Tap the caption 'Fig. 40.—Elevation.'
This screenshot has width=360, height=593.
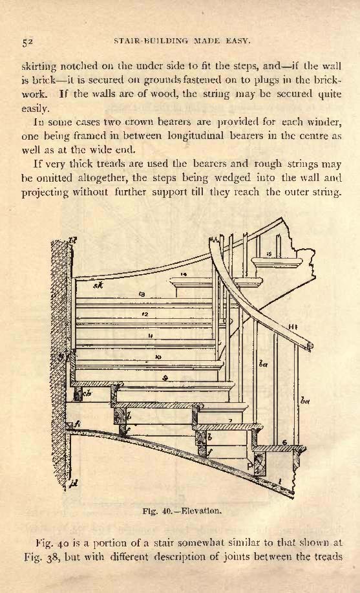click(182, 511)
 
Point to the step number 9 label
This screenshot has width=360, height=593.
click(165, 378)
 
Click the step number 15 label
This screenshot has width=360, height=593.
click(269, 254)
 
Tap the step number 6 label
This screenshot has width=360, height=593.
click(284, 442)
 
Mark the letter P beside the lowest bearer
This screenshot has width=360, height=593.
click(250, 467)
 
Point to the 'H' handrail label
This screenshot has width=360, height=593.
click(292, 327)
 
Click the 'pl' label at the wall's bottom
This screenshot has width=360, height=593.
click(74, 484)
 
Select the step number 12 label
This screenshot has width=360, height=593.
click(145, 314)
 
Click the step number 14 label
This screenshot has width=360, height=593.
click(184, 274)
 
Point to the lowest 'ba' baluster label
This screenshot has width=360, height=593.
click(305, 400)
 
